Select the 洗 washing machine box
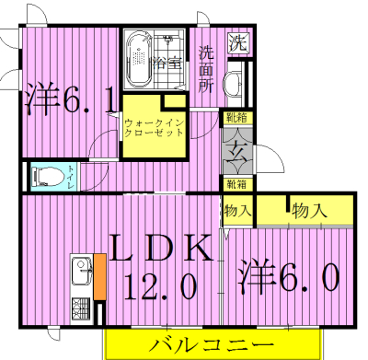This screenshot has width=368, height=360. [238, 41]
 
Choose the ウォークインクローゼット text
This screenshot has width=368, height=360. [154, 126]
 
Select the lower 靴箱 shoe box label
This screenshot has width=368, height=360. [236, 182]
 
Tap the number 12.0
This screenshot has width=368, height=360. [163, 286]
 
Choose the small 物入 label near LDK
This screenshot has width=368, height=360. [238, 211]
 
